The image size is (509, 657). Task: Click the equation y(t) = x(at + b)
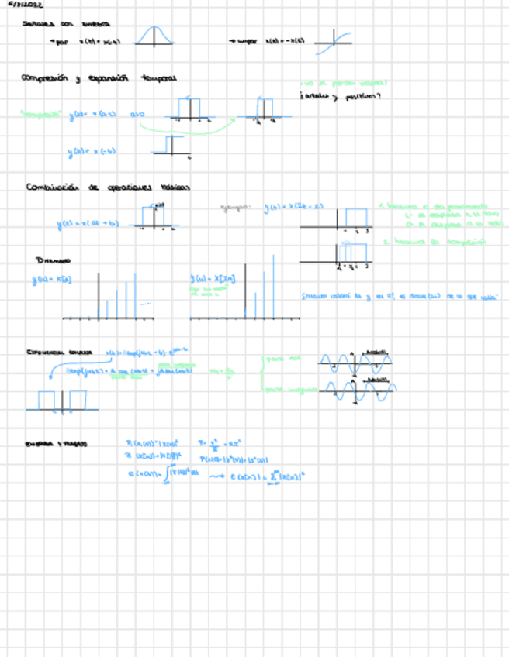click(x=86, y=225)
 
